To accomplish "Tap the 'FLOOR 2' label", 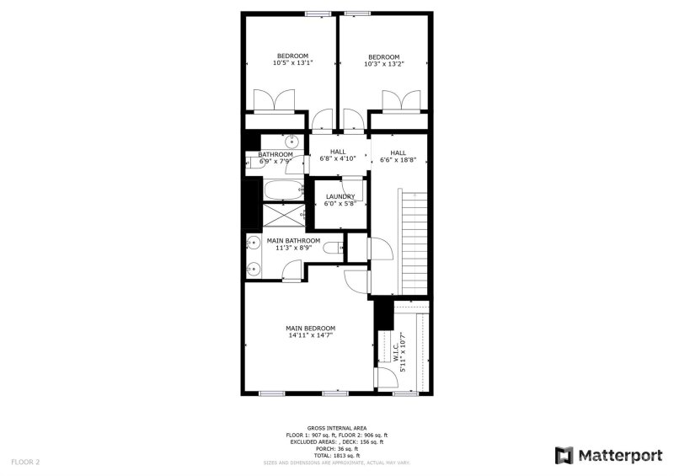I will click(x=25, y=462).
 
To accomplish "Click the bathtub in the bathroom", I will click(x=282, y=190).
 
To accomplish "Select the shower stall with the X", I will click(x=282, y=216).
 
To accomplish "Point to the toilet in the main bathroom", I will click(x=335, y=247).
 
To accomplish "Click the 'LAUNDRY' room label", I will click(x=340, y=196).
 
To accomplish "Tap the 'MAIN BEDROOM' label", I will click(x=310, y=328).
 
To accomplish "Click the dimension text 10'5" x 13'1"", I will click(x=292, y=63).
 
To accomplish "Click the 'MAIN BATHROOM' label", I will click(x=293, y=240).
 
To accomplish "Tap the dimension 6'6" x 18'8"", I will click(x=399, y=159).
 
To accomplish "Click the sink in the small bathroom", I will click(x=292, y=141).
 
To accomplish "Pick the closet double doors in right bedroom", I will click(x=400, y=101).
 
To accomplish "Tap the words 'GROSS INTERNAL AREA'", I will click(x=336, y=428).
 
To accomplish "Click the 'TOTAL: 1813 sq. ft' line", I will click(x=336, y=455).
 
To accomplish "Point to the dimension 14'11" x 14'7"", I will click(x=310, y=335).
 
